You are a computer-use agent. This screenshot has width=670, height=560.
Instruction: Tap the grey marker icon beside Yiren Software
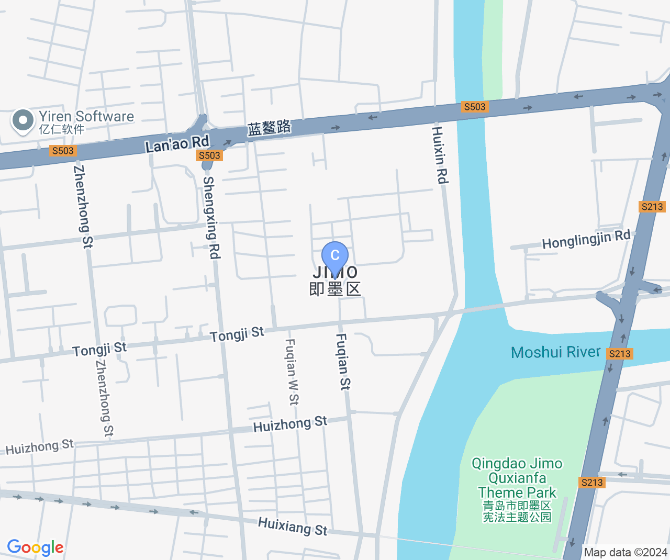[x=23, y=120]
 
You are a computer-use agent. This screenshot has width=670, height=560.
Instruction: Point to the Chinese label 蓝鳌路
[x=269, y=128]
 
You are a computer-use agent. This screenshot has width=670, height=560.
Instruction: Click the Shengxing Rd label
[x=211, y=217]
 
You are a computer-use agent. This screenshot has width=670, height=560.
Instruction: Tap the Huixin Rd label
[x=439, y=155]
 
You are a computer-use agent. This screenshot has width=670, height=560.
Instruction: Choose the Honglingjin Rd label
[x=586, y=240]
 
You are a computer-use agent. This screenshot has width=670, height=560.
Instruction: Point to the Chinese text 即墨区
[x=335, y=289]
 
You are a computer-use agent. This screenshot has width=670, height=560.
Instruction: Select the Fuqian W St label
[x=292, y=372]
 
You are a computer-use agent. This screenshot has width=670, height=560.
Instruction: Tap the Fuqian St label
[x=343, y=362]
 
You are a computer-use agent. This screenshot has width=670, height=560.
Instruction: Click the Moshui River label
[x=555, y=352]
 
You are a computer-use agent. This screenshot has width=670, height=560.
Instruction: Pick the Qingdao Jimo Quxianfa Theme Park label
[x=517, y=478]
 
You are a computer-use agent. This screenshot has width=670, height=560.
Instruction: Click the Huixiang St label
[x=293, y=526]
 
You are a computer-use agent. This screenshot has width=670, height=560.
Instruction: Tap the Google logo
[x=35, y=547]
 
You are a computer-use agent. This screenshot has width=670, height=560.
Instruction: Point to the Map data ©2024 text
[x=626, y=552]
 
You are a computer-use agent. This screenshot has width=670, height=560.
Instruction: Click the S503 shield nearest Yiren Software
[x=63, y=151]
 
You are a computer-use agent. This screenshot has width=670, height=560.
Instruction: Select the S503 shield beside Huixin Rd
[x=475, y=107]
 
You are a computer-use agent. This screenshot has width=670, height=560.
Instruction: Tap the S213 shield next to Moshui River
[x=620, y=354]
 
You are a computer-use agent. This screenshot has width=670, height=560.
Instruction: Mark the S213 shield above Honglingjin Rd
[x=652, y=207]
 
